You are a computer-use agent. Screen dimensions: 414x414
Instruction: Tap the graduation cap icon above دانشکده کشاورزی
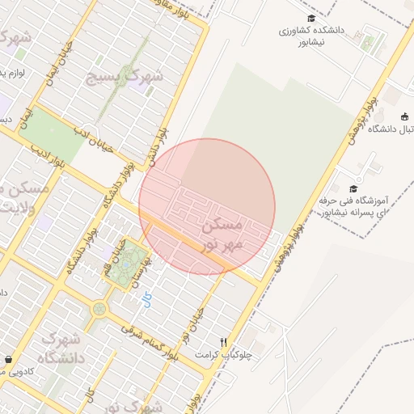tap(311, 19)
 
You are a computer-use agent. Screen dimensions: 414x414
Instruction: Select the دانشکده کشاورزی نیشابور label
tap(312, 35)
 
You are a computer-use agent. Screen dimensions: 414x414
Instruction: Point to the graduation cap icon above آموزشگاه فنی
tap(353, 188)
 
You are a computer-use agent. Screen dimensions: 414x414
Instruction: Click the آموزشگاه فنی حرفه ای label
tap(356, 206)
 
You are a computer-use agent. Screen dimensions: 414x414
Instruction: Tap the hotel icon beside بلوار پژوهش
tap(404, 116)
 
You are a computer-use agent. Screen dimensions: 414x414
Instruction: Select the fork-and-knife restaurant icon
tap(224, 342)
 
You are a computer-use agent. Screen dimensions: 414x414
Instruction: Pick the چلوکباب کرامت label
tap(231, 354)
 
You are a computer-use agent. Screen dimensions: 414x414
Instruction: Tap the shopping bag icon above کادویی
tap(8, 359)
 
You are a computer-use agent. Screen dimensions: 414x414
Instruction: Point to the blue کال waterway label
tap(146, 300)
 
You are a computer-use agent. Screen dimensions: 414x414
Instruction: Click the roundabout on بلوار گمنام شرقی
tap(99, 308)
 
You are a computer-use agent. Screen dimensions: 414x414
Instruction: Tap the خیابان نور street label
tap(193, 324)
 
